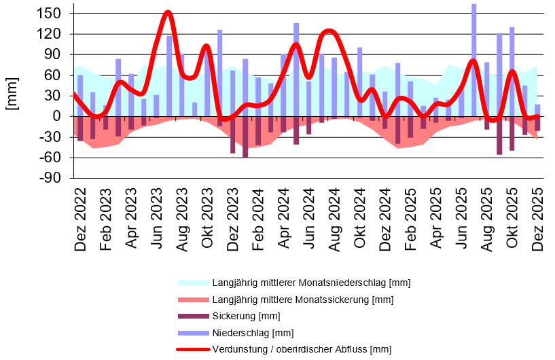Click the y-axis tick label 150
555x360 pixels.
click(x=52, y=14)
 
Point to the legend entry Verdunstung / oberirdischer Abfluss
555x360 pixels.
click(x=302, y=349)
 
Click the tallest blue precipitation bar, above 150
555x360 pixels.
click(x=473, y=58)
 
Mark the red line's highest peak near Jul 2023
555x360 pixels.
click(x=168, y=12)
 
